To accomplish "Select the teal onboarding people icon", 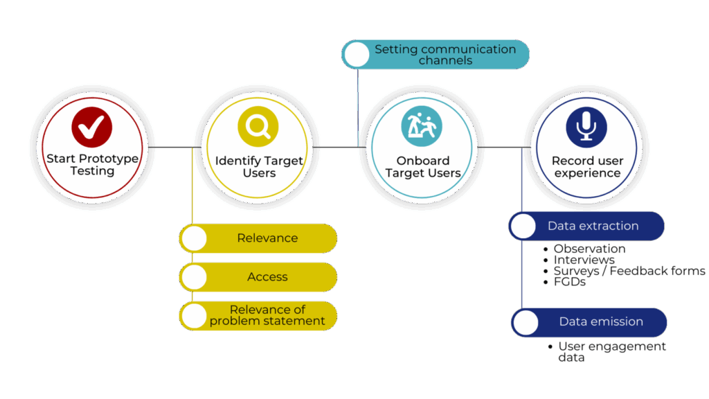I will click(422, 125).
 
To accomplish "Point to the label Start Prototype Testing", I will click(92, 165).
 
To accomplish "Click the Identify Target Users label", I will click(259, 167).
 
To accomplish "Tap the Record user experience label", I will click(587, 167).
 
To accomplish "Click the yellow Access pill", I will click(267, 277).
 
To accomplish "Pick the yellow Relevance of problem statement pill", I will click(267, 315).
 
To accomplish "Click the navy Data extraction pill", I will click(593, 226).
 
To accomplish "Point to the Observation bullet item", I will click(589, 249).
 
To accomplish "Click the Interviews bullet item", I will click(584, 260).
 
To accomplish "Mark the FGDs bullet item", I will click(569, 282).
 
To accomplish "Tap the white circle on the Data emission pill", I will click(526, 323).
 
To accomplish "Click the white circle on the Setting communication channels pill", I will click(357, 55).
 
